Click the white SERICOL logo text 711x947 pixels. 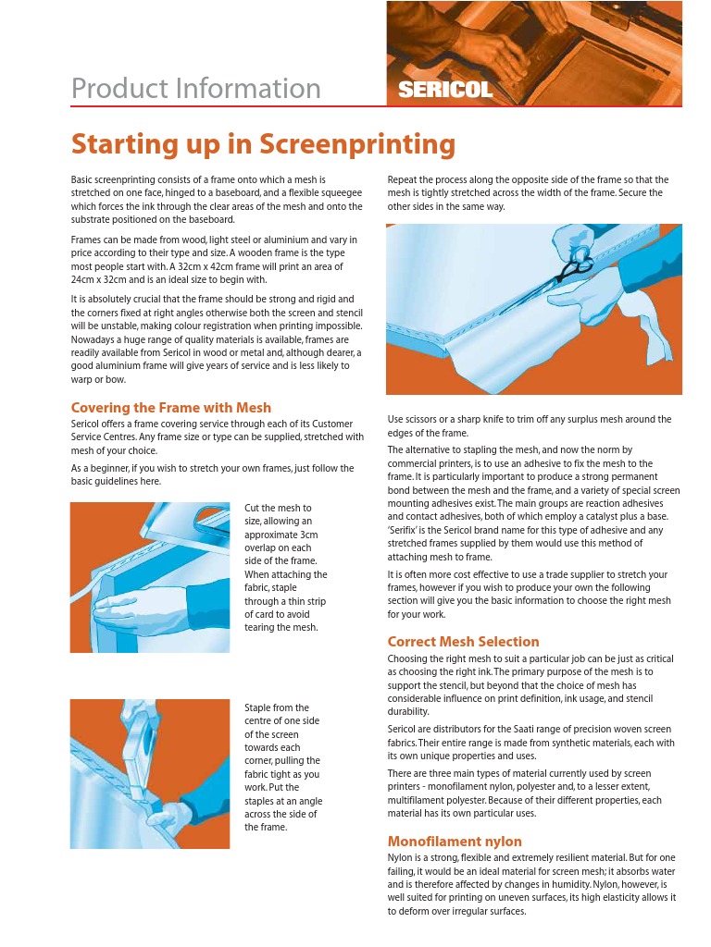[x=445, y=90]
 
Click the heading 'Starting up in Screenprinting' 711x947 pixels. [x=263, y=144]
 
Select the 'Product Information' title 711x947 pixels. [x=196, y=88]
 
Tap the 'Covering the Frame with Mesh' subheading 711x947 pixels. [x=171, y=408]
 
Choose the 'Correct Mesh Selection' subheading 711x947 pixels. [x=463, y=642]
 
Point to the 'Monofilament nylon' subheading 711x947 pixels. [x=455, y=842]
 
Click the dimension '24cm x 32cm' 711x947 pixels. [x=98, y=279]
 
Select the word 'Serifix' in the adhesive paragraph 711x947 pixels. [x=407, y=530]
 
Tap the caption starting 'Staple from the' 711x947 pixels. [x=283, y=767]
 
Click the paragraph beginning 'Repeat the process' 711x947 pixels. [x=528, y=193]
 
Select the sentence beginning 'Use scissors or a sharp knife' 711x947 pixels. [x=530, y=425]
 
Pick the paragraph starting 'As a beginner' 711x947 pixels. [x=212, y=474]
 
